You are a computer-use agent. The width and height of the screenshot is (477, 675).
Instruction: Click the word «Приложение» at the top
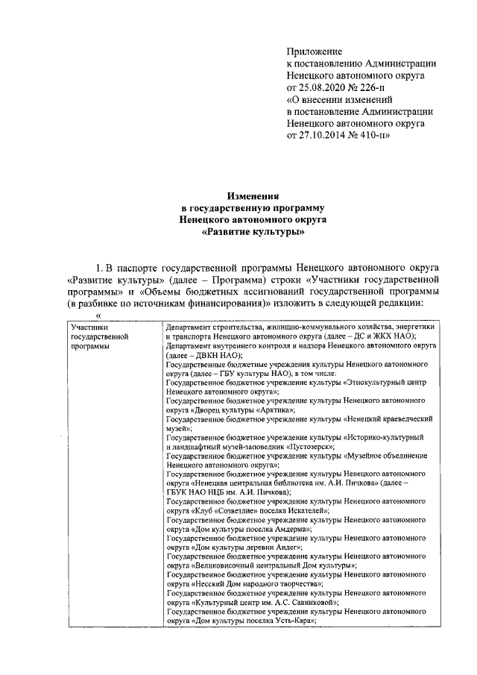(x=315, y=51)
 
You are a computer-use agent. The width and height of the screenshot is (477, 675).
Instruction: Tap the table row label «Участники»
(x=88, y=327)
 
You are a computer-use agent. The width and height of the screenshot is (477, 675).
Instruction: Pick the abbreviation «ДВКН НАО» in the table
(x=212, y=357)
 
